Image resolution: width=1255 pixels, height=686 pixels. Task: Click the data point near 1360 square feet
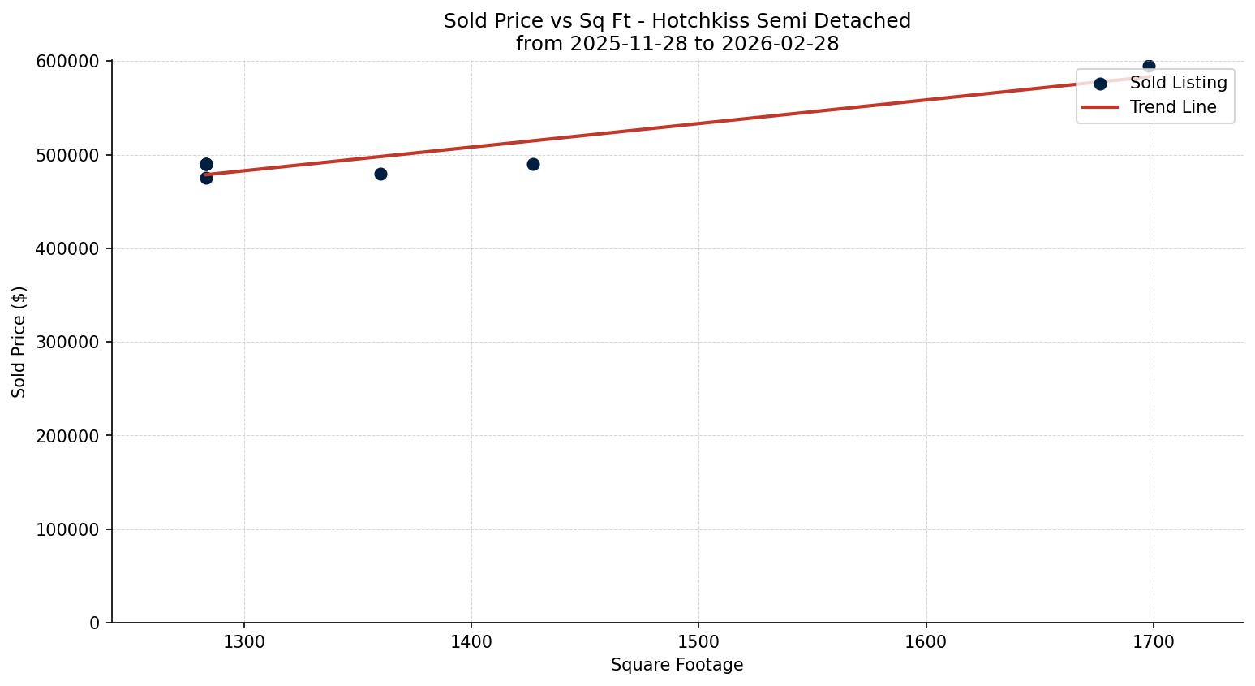click(380, 174)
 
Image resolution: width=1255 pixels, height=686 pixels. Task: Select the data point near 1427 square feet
click(533, 164)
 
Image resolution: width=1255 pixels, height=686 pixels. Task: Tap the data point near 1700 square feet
click(1149, 66)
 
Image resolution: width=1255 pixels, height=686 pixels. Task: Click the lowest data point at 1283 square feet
click(206, 178)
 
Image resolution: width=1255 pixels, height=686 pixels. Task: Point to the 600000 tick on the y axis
click(67, 62)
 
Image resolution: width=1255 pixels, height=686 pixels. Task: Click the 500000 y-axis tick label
click(67, 155)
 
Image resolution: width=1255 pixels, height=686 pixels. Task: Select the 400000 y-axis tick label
click(67, 248)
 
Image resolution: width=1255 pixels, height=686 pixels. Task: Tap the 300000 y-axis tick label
click(67, 343)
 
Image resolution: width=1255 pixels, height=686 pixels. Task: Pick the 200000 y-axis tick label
click(67, 436)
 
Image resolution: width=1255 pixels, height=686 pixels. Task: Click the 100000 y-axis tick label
click(67, 529)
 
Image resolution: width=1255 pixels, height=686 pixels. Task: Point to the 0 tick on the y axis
click(95, 623)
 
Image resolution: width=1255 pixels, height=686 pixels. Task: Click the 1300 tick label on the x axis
click(244, 642)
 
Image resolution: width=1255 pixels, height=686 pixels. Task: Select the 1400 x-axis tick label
click(471, 642)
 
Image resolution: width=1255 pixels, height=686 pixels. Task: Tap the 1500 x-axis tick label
click(698, 642)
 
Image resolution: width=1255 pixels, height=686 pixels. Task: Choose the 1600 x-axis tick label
click(926, 642)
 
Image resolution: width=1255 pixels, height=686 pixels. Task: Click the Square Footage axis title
click(677, 666)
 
